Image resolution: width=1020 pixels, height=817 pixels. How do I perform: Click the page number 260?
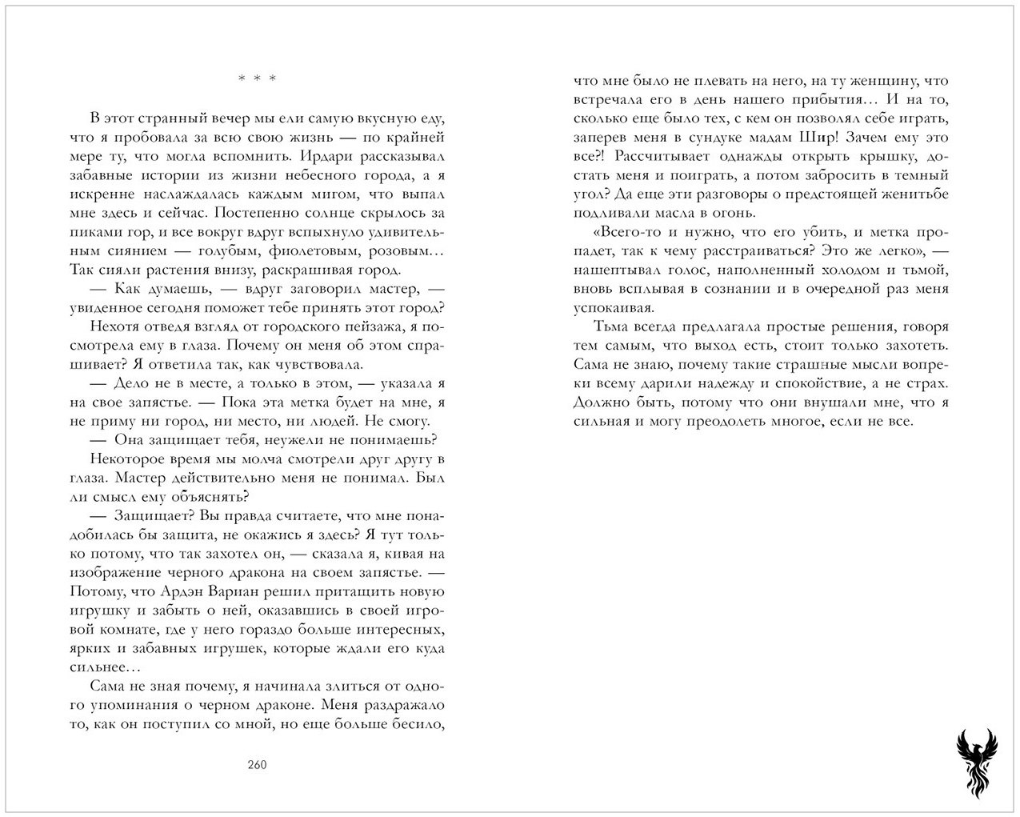click(x=257, y=764)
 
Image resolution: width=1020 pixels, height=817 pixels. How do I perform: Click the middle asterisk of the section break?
click(x=257, y=78)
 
